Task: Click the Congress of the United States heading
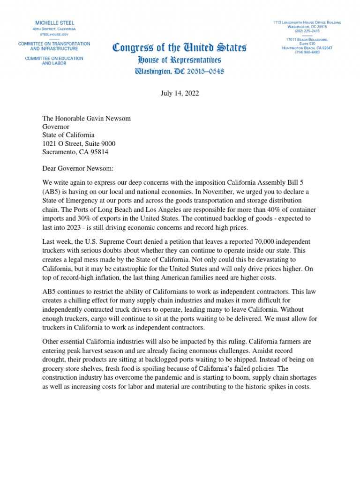180,48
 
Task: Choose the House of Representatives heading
180,60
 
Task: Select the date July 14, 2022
180,93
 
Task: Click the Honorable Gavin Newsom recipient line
86,119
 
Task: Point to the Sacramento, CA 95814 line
76,152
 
